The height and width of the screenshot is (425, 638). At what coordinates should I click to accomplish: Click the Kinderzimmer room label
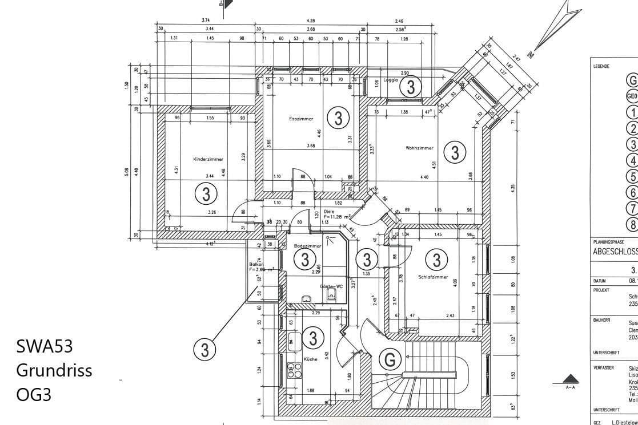click(x=208, y=159)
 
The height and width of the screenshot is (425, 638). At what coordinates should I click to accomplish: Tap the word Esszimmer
click(x=301, y=119)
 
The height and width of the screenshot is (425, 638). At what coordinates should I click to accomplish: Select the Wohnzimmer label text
click(x=419, y=148)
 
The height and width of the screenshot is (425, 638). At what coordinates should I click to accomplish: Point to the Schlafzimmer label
click(x=432, y=276)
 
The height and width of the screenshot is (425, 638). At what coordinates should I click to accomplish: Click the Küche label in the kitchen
click(x=311, y=359)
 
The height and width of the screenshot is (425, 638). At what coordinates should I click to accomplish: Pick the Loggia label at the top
click(x=391, y=80)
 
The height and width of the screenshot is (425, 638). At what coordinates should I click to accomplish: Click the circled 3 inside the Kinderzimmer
click(x=206, y=194)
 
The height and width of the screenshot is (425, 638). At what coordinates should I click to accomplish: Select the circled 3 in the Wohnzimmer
click(x=455, y=152)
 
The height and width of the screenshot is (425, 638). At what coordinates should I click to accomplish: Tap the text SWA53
click(x=45, y=346)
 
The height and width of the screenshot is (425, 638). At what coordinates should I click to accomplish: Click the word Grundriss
click(x=54, y=370)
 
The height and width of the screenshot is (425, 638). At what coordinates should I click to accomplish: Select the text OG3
click(x=34, y=394)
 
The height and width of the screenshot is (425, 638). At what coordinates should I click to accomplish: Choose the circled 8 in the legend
click(x=632, y=224)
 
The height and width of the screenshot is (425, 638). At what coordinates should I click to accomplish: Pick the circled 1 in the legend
click(x=632, y=112)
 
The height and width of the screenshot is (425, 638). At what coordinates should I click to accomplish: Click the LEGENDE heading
click(x=601, y=66)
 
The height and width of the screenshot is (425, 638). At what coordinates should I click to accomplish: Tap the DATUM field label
click(x=599, y=281)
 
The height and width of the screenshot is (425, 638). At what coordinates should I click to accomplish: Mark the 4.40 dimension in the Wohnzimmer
click(x=424, y=177)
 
